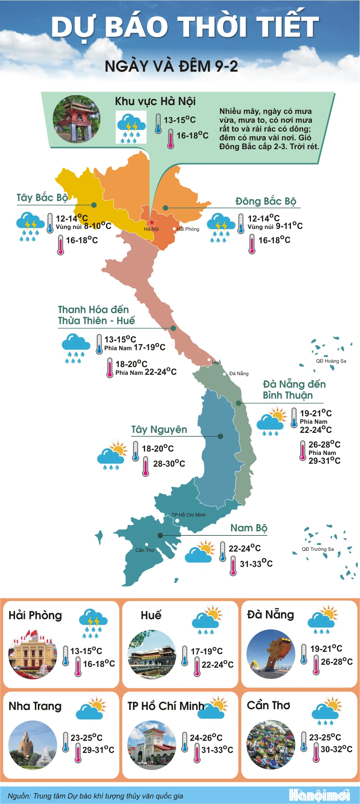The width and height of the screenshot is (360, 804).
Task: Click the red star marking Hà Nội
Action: [152, 222]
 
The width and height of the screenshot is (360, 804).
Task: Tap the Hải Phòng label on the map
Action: [188, 229]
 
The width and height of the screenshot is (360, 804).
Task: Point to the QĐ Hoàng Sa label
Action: [331, 361]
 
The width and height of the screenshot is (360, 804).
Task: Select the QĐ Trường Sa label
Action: [318, 549]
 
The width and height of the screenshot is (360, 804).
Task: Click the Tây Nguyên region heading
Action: [159, 430]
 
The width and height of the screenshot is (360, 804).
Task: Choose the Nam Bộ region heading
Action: [249, 528]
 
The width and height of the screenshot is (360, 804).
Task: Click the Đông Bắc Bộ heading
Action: [266, 201]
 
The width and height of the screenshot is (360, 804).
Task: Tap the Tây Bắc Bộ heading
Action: [42, 198]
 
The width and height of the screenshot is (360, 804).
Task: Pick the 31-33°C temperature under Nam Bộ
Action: [256, 564]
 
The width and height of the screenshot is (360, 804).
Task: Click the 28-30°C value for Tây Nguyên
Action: [169, 464]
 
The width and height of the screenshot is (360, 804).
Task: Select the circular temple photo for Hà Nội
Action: [76, 119]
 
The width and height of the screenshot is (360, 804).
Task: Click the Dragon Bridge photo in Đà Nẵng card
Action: [271, 654]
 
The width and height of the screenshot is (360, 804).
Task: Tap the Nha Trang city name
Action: [35, 706]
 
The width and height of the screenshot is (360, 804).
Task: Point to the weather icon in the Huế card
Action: [207, 621]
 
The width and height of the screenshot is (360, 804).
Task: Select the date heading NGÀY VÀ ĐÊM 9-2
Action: [171, 67]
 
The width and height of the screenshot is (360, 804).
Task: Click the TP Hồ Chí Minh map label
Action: [188, 515]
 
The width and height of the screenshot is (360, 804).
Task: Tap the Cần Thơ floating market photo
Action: [271, 745]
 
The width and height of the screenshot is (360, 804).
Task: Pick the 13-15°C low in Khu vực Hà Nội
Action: [180, 120]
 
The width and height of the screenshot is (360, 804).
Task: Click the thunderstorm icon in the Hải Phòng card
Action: [93, 622]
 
